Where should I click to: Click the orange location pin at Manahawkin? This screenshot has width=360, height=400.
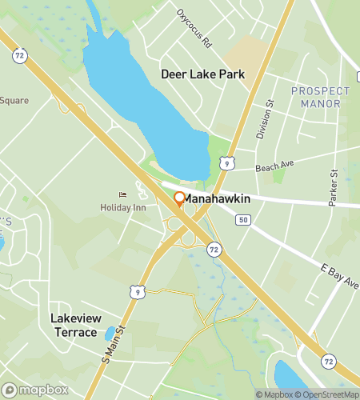coord(179,198)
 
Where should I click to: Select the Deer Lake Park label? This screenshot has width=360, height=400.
coord(202,74)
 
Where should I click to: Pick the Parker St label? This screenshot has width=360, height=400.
coord(333,186)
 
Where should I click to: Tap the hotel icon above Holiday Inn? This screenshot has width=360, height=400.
coord(122,194)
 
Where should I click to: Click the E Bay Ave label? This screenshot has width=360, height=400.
coord(341,280)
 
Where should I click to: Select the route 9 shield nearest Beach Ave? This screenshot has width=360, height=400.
coord(229,164)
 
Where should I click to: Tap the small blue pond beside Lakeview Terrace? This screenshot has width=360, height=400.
coord(110,334)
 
